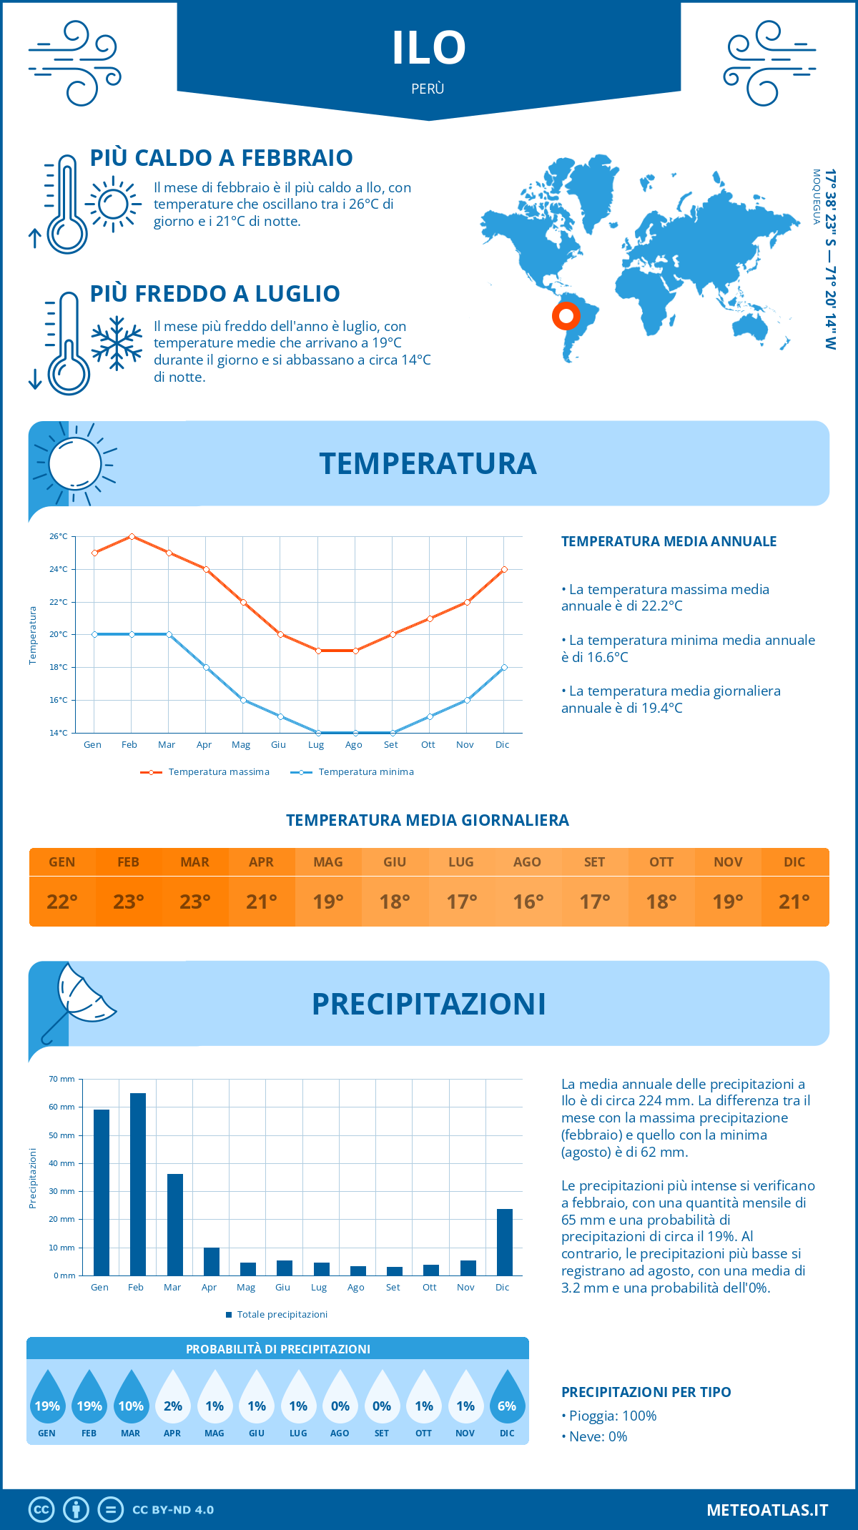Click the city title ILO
click(x=429, y=48)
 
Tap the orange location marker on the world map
click(x=566, y=315)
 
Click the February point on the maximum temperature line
click(x=132, y=536)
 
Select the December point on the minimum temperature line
click(x=504, y=667)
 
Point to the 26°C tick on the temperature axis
click(x=59, y=536)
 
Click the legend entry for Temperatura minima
click(x=352, y=772)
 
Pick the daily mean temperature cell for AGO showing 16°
click(x=528, y=902)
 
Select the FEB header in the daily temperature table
click(x=129, y=862)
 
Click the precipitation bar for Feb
click(x=137, y=1184)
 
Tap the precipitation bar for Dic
click(x=505, y=1242)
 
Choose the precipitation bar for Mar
click(x=174, y=1225)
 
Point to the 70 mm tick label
click(x=62, y=1079)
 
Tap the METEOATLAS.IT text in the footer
click(x=767, y=1510)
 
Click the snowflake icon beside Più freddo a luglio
click(x=116, y=343)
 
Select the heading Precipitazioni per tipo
click(x=646, y=1392)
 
